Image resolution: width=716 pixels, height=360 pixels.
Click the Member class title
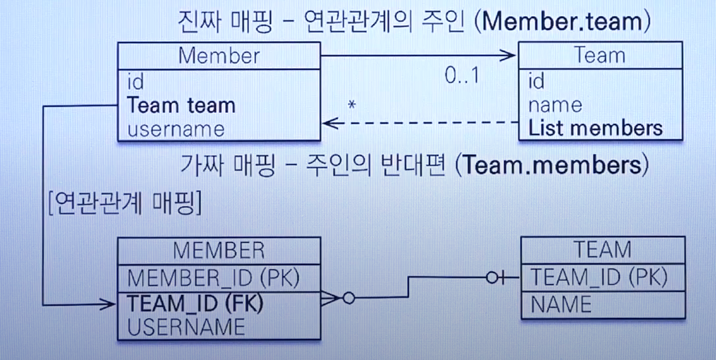pos(219,55)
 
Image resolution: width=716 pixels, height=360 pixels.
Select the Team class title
pos(600,55)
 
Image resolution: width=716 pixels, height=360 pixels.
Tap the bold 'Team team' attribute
pos(181,105)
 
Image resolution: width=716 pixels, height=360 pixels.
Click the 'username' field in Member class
pos(176,129)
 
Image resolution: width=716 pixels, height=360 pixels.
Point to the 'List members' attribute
pos(595,129)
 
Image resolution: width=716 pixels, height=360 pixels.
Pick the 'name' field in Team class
pos(555,105)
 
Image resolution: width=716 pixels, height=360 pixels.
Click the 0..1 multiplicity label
pos(462,75)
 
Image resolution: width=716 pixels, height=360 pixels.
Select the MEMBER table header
pos(219,251)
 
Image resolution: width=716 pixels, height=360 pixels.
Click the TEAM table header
pos(602,250)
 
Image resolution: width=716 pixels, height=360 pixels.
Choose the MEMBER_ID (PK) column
pos(214,279)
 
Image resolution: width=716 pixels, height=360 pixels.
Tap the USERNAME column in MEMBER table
pos(186,327)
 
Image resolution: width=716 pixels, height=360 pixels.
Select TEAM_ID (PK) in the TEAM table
pos(598,278)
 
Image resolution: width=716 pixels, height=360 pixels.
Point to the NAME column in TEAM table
pos(561,304)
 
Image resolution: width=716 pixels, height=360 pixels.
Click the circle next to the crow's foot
pos(349,298)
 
